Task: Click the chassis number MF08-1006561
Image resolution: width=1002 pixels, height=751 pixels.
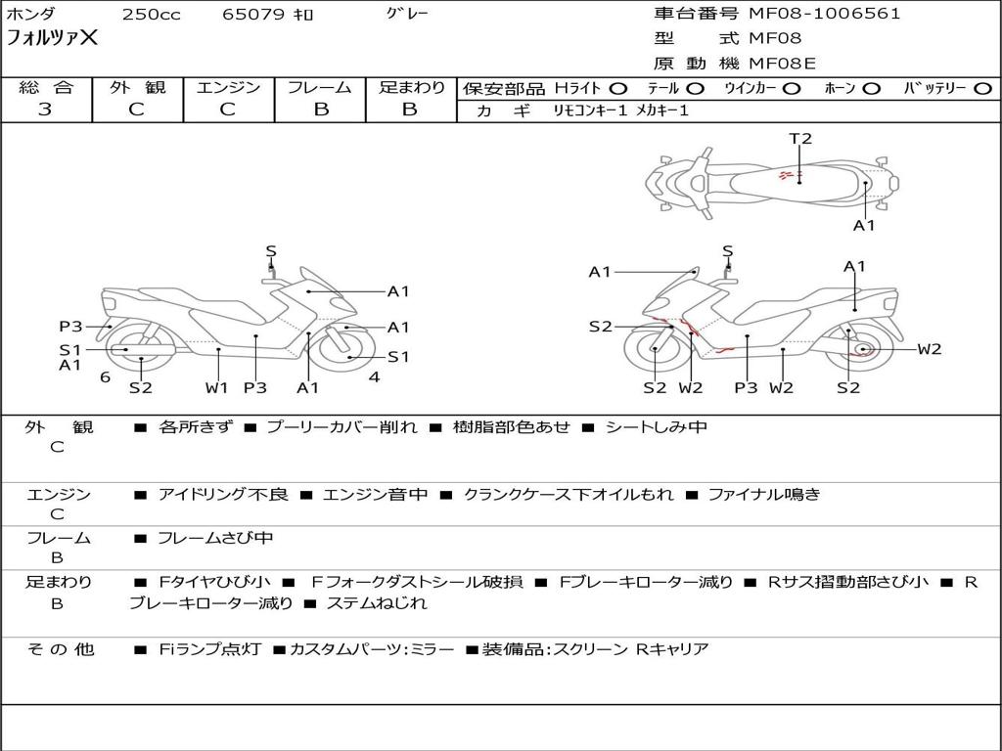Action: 824,14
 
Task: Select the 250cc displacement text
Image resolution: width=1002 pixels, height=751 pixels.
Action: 152,14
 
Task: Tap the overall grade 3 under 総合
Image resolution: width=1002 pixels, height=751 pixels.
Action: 45,110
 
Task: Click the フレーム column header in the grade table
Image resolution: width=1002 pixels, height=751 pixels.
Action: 320,87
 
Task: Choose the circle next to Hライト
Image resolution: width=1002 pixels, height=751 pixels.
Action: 618,89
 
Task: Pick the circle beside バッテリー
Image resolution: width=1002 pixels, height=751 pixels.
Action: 982,89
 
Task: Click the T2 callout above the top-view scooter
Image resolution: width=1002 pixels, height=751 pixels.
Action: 800,138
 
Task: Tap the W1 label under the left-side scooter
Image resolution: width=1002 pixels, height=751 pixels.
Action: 216,387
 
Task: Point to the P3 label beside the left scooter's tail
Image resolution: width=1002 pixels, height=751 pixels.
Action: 70,327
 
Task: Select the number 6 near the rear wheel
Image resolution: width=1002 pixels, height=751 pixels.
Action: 106,377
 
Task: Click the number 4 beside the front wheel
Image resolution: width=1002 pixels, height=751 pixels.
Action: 374,376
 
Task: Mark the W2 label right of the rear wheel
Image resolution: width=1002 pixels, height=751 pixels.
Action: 930,349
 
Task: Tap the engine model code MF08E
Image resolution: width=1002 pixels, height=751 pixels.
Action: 782,64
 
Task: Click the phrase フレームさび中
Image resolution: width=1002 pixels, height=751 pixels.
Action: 215,539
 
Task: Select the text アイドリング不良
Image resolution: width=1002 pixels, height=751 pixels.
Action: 223,494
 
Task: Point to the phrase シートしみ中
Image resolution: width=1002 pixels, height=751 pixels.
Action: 656,426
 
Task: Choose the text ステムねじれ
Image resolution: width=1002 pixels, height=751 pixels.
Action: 377,602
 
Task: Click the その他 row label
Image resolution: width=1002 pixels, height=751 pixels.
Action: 60,649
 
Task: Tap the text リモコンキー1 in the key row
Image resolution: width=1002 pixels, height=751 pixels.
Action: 590,110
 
